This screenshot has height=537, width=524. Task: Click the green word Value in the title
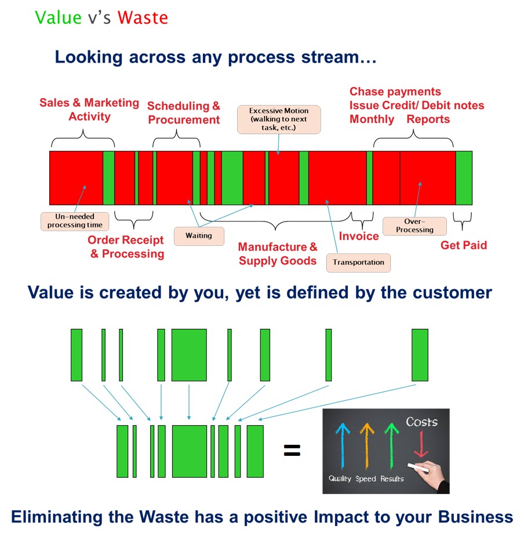click(x=58, y=17)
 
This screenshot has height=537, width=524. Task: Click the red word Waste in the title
click(x=143, y=17)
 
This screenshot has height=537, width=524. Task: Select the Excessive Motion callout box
click(x=279, y=119)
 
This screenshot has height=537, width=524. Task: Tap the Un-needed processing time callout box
click(x=75, y=222)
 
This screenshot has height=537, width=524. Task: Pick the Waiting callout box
click(x=199, y=236)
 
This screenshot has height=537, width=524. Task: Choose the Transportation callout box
click(x=358, y=263)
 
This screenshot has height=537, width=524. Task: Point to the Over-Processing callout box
click(x=414, y=226)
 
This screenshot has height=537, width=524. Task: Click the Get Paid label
click(x=464, y=245)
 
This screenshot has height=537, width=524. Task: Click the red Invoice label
click(x=359, y=236)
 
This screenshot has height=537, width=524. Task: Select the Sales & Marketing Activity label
click(x=89, y=110)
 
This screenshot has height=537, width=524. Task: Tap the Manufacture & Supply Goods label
click(x=278, y=254)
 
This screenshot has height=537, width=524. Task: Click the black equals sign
click(x=292, y=451)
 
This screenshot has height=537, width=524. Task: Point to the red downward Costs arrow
click(x=421, y=444)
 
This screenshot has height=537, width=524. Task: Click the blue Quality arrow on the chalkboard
click(x=343, y=446)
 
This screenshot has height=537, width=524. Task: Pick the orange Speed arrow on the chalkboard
click(x=367, y=446)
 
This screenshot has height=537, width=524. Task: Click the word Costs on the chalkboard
click(x=421, y=422)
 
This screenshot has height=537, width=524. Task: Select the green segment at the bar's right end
click(x=464, y=178)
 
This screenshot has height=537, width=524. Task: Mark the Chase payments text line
click(x=395, y=92)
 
